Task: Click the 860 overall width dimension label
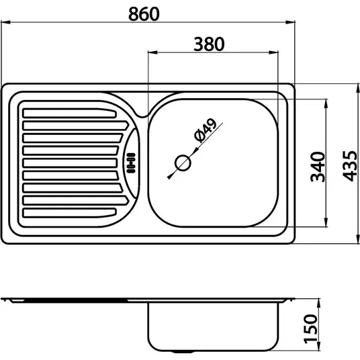144,14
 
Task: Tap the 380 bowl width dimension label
209,44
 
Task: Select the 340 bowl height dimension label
318,167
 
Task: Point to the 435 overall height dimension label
350,166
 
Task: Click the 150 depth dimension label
310,329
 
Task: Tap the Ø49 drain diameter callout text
205,130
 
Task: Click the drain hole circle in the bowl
183,163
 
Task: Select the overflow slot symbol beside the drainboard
131,163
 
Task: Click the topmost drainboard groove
69,114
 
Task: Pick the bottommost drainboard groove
69,213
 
